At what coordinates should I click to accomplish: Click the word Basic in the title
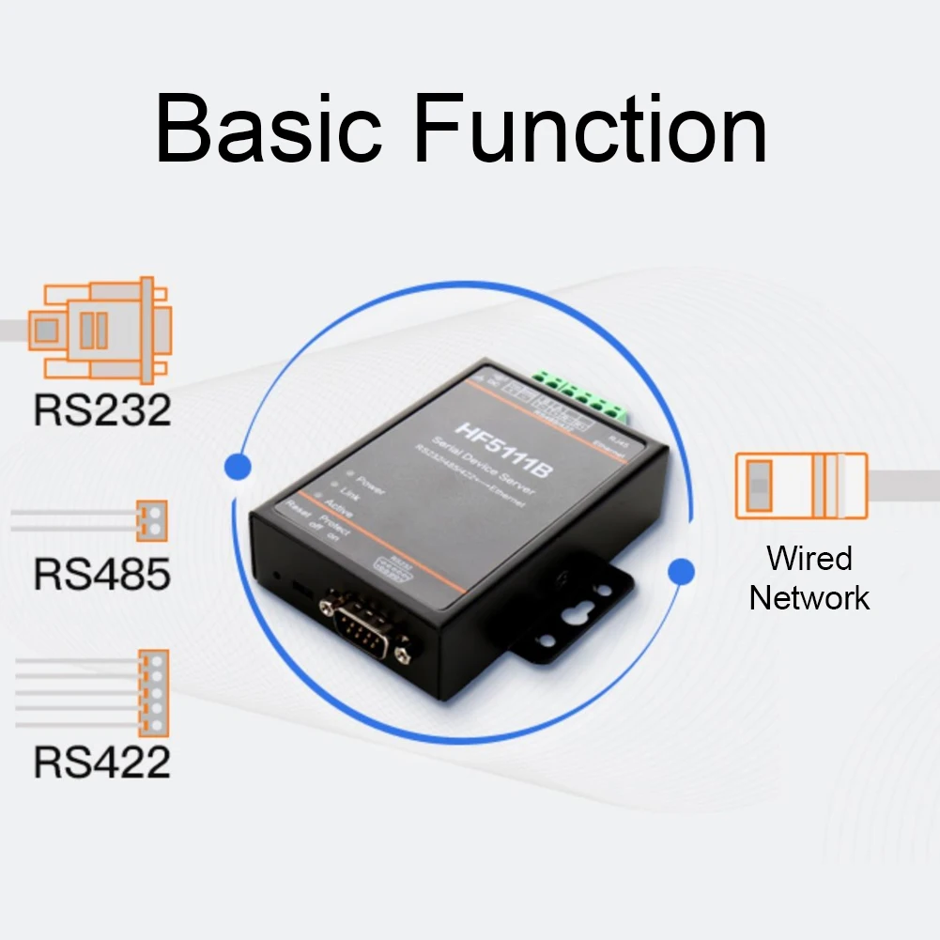270,129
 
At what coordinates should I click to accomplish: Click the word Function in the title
590,129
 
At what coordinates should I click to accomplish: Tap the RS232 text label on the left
102,409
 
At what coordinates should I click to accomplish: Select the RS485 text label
102,573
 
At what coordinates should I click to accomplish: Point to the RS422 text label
102,762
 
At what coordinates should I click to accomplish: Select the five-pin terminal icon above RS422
153,693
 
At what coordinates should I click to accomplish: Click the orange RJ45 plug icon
801,485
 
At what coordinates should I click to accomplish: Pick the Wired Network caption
809,578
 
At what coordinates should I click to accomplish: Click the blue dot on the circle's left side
239,466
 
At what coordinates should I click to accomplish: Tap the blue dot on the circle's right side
681,570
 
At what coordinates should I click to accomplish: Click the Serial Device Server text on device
474,455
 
